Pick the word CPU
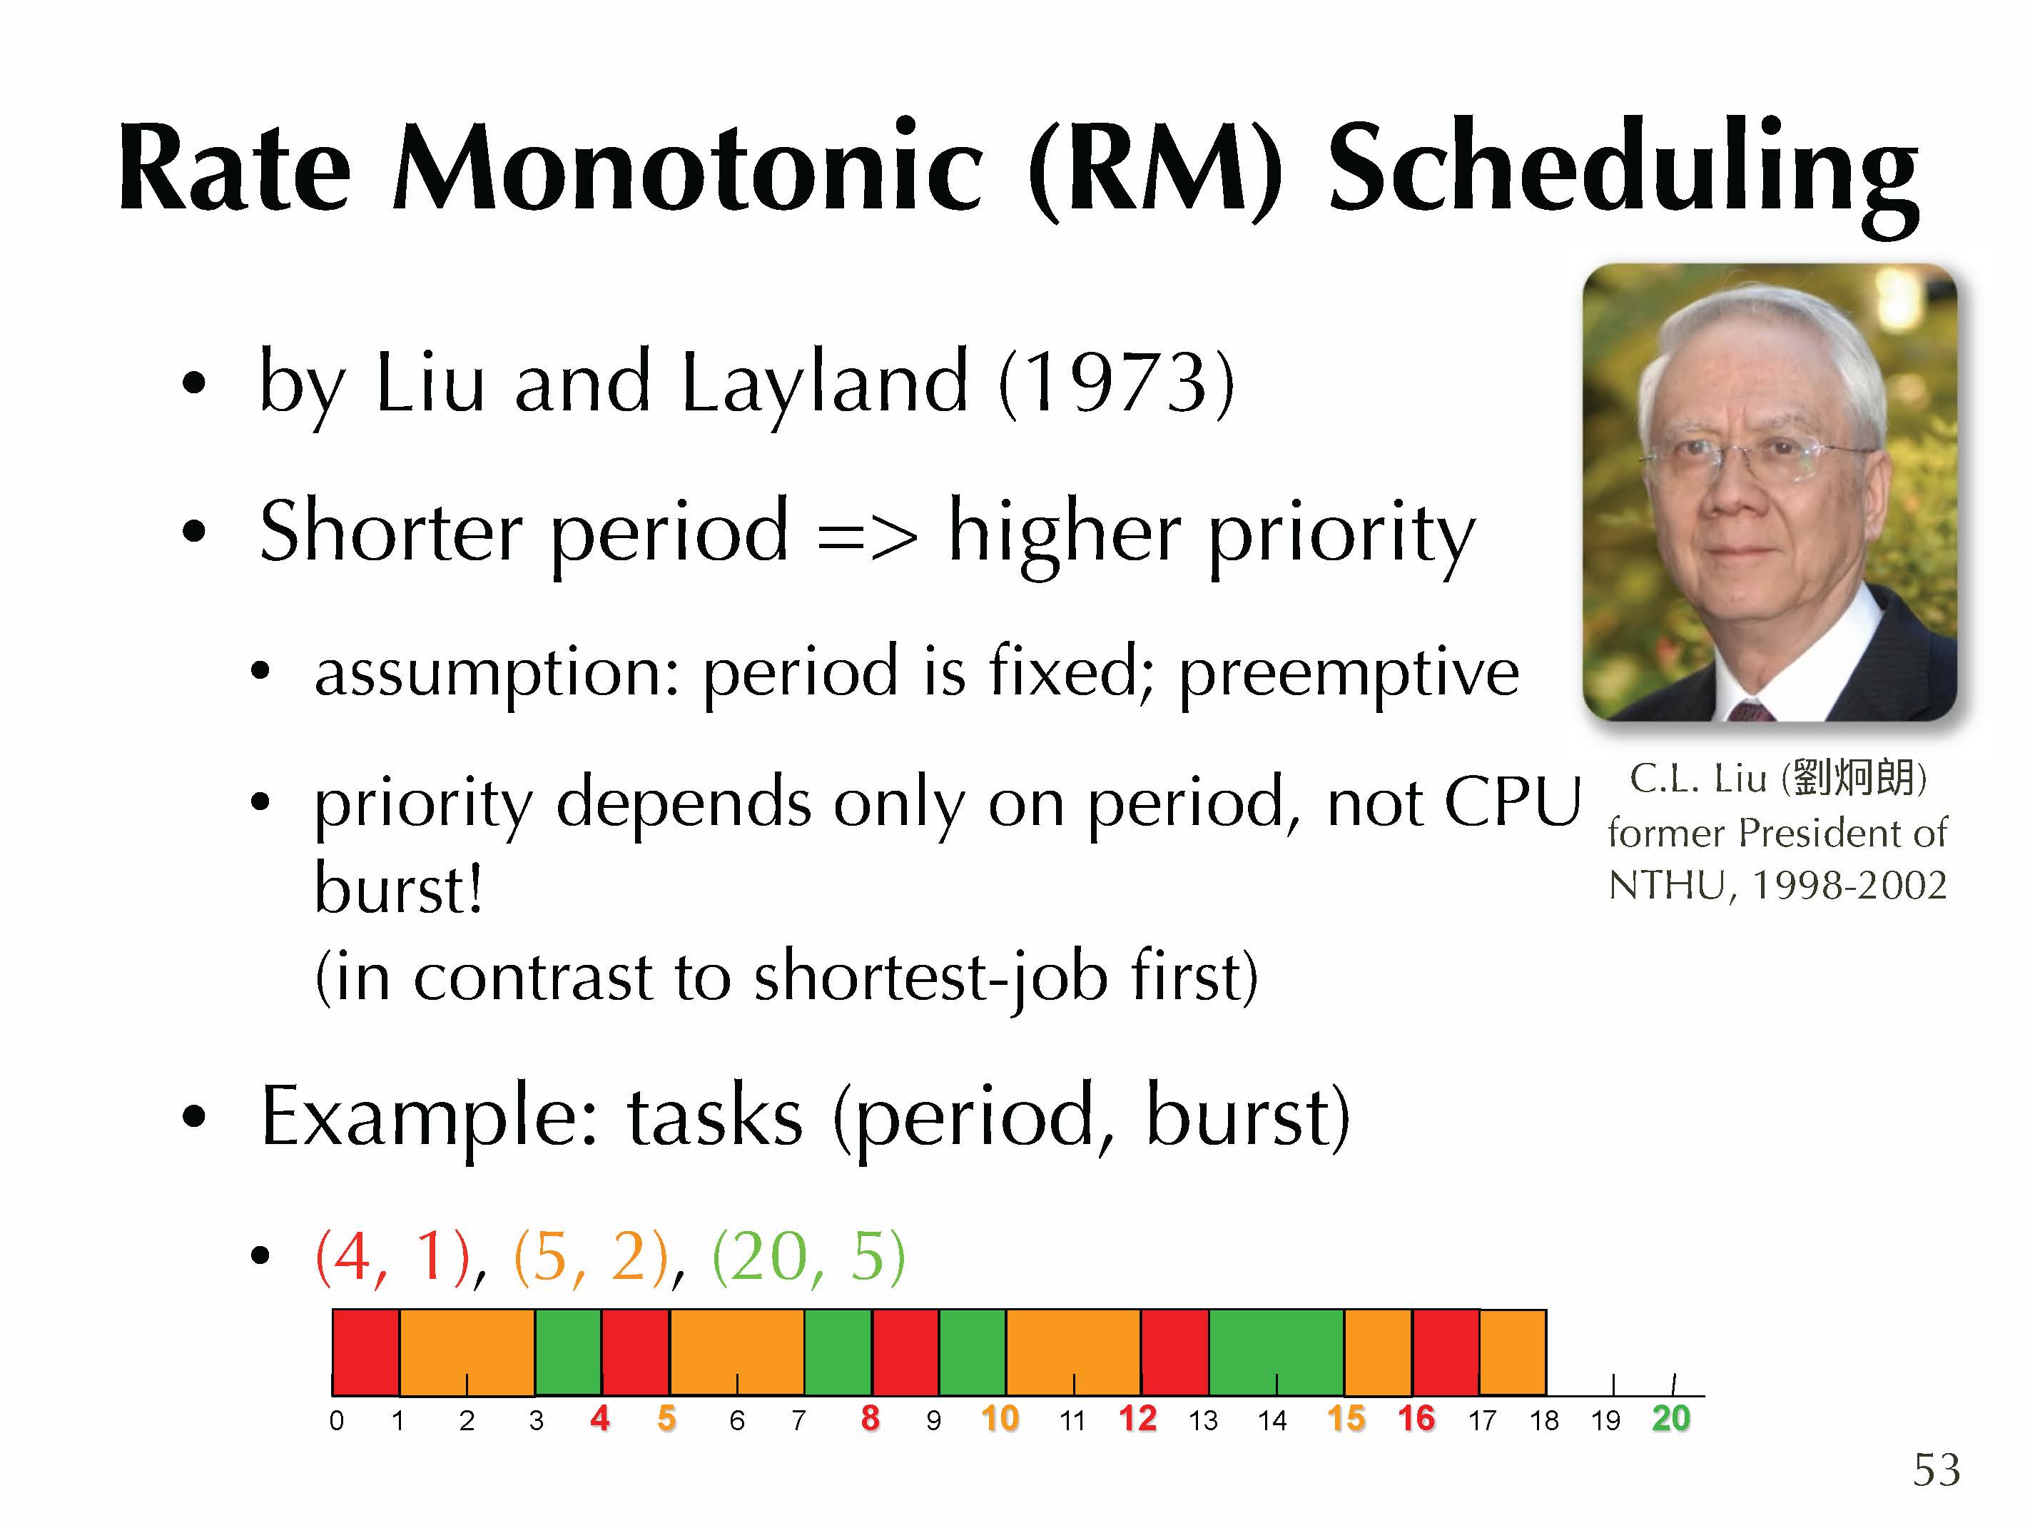tap(1513, 801)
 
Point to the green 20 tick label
tap(1670, 1418)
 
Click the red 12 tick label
tap(1138, 1418)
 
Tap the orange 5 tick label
tap(667, 1418)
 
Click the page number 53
tap(1937, 1469)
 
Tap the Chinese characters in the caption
tap(1854, 779)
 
